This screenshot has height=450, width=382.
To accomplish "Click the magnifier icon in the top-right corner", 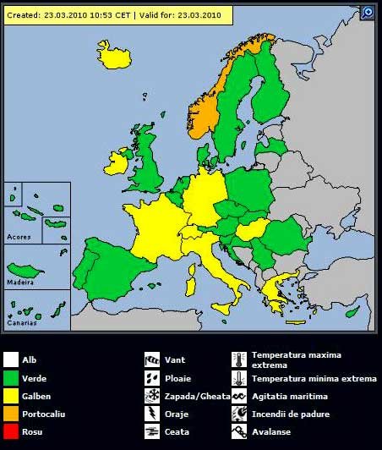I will click(368, 12).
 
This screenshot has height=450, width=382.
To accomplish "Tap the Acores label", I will click(18, 237).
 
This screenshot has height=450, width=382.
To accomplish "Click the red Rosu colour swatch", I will click(11, 432).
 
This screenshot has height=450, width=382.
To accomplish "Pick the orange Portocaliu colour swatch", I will click(11, 414).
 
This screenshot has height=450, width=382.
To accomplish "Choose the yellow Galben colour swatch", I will click(11, 396).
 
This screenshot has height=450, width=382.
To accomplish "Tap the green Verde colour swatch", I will click(11, 378).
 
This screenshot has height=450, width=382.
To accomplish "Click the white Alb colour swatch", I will click(11, 360).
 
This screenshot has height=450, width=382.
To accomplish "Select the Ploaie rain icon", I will click(152, 377).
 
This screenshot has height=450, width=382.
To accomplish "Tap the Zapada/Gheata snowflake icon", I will click(152, 396).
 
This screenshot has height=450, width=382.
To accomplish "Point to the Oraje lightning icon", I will click(152, 414).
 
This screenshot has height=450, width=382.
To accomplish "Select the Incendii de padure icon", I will click(238, 414).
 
